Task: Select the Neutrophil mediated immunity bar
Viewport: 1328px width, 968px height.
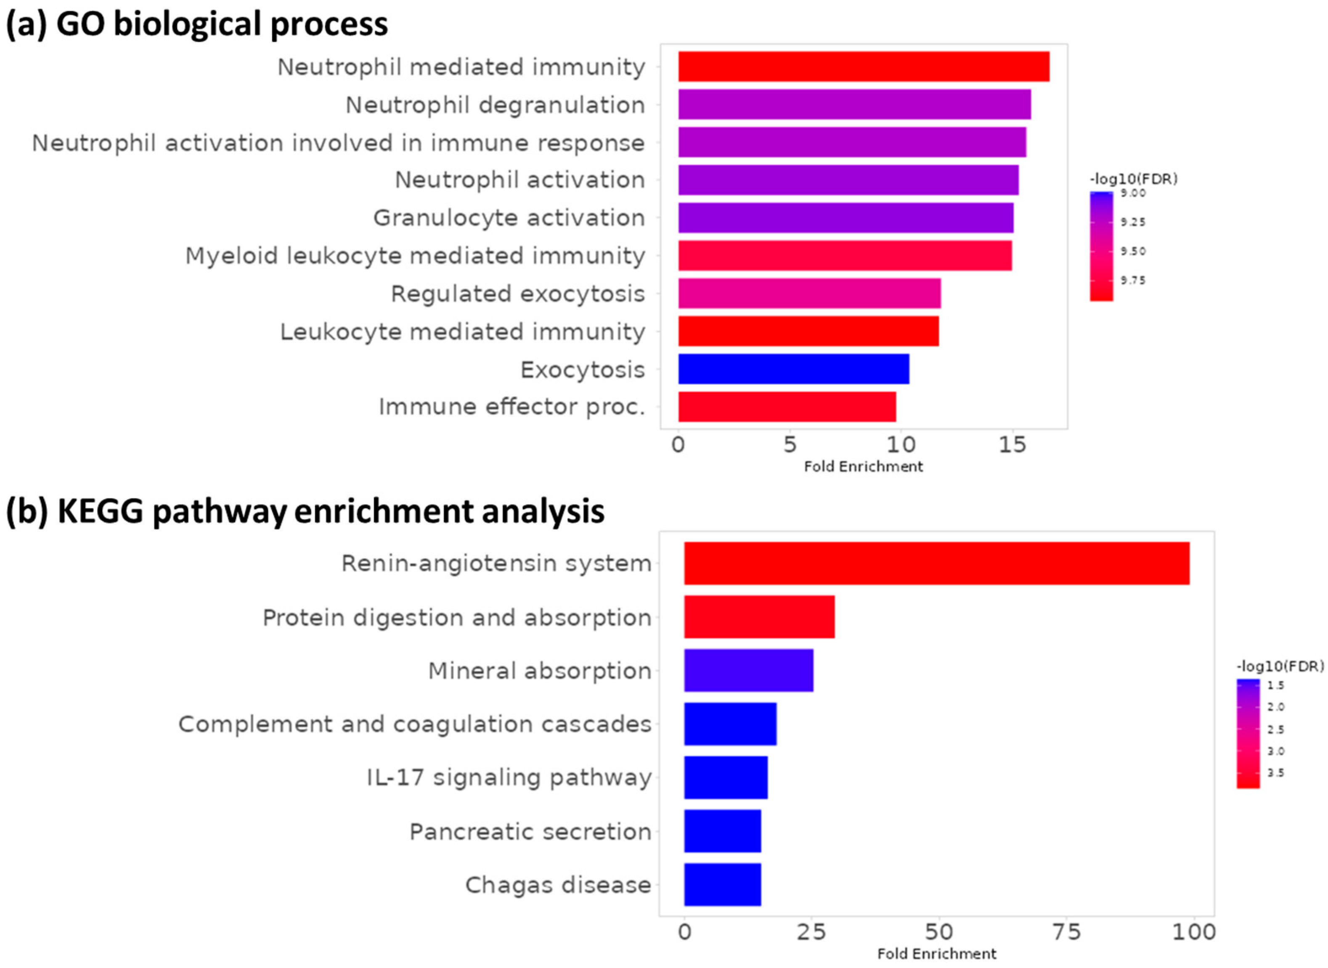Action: coord(863,66)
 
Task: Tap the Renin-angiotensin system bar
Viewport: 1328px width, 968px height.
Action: coord(936,563)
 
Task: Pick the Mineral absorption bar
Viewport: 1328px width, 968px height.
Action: coord(748,670)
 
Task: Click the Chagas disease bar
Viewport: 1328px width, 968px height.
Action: coord(722,884)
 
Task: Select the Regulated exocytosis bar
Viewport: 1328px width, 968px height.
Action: coord(809,293)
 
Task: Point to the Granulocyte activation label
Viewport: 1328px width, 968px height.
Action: coord(509,217)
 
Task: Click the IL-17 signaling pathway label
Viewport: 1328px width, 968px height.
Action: coord(509,778)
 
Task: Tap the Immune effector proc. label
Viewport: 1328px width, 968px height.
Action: coord(511,407)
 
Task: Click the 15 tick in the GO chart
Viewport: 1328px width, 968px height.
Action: coord(1012,445)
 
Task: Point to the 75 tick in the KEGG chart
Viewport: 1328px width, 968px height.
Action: coord(1066,932)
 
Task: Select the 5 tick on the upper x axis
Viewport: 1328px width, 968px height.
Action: coord(790,445)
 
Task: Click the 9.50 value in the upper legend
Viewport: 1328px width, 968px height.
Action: coord(1133,251)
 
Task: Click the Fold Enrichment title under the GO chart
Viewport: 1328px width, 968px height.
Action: coord(863,466)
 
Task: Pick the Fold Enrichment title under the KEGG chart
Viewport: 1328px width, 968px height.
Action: coord(936,954)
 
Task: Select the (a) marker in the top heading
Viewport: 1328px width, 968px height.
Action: coord(27,25)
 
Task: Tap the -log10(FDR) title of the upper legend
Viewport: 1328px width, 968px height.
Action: coord(1133,179)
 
